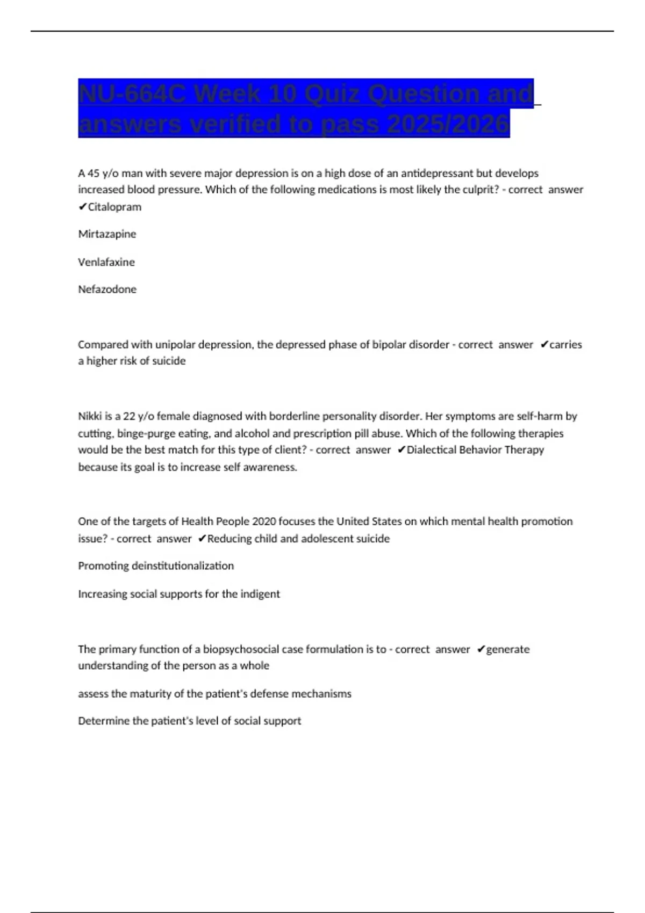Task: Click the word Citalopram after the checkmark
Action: click(114, 207)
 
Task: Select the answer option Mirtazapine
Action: click(107, 234)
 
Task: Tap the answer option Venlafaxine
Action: click(106, 262)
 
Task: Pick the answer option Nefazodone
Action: click(107, 289)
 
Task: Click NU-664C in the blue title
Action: click(132, 94)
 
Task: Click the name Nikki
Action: click(90, 416)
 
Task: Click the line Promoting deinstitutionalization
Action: click(156, 566)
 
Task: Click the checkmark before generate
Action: click(481, 650)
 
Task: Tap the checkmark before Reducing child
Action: click(202, 539)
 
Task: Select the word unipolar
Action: click(175, 345)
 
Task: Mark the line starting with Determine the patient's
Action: click(189, 721)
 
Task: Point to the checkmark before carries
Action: click(544, 345)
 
